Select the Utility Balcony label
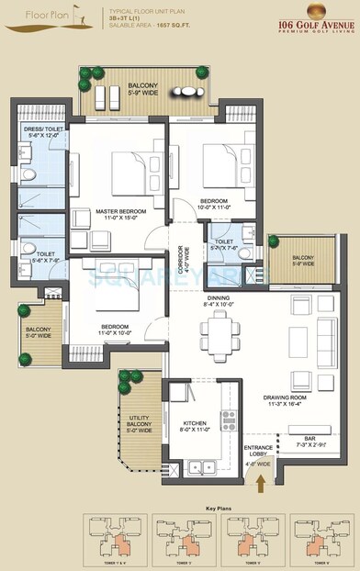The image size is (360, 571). [x=136, y=422]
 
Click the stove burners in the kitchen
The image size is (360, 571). [x=228, y=420]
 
